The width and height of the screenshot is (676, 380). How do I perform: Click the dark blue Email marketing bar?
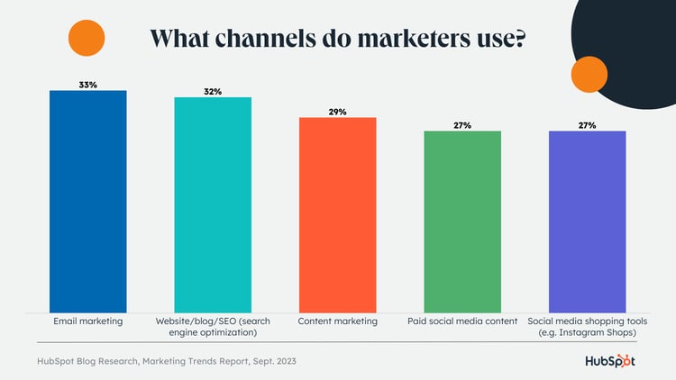tap(88, 202)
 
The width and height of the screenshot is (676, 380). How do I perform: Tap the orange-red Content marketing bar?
tap(337, 215)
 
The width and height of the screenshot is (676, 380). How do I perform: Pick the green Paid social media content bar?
tap(462, 222)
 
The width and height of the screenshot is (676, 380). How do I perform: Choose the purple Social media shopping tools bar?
tap(588, 222)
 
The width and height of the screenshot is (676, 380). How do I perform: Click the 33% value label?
tap(87, 84)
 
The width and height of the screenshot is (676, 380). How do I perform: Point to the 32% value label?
tap(213, 91)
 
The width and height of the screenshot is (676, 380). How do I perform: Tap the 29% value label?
tap(337, 112)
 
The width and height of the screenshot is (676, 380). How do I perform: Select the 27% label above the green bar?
tap(462, 125)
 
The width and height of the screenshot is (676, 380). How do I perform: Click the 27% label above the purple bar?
tap(588, 125)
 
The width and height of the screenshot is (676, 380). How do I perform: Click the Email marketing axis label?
tap(88, 321)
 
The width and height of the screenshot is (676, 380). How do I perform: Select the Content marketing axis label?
tap(337, 321)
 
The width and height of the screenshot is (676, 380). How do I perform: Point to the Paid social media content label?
tap(462, 321)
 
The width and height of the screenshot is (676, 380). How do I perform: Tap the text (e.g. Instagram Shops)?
tap(588, 331)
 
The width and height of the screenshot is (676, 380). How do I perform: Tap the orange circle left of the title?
tap(87, 37)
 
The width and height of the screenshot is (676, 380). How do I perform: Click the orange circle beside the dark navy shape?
tap(589, 74)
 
